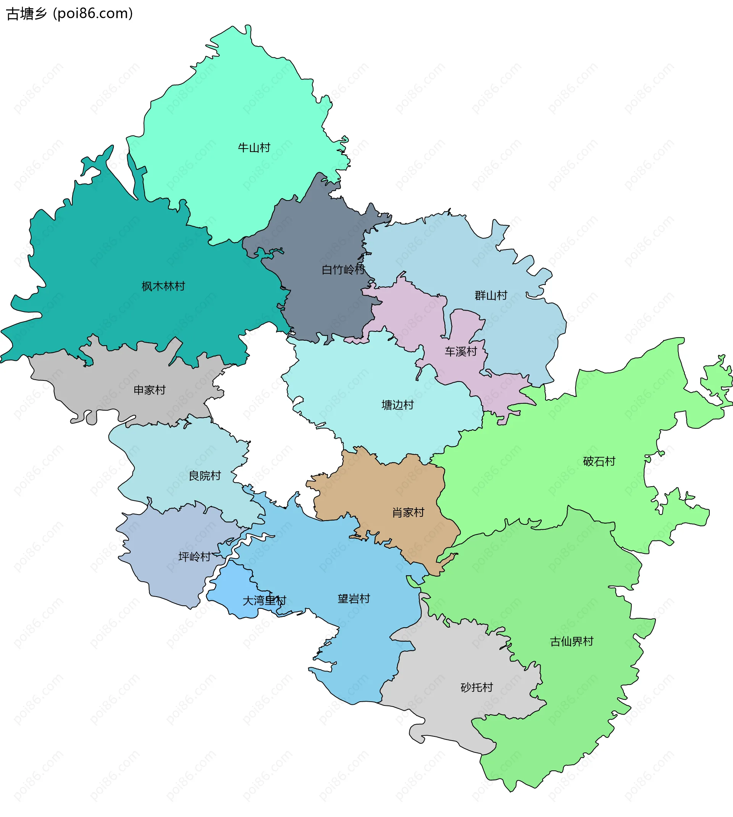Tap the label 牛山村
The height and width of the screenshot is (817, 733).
tap(254, 148)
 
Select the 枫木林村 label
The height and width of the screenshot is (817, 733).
tap(163, 286)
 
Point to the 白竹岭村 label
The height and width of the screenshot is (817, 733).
tap(343, 270)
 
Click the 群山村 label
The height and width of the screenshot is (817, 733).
tap(491, 296)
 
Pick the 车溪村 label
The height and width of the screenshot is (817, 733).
tap(461, 352)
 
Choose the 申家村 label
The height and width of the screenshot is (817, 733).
tap(149, 390)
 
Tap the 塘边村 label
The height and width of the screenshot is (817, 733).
tap(397, 405)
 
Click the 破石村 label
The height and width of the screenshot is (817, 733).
tap(599, 461)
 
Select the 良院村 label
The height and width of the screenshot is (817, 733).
tap(205, 476)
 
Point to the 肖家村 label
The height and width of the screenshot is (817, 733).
tap(408, 513)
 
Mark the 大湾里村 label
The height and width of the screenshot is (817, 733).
tap(264, 601)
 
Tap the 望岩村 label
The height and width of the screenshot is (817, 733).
tap(354, 599)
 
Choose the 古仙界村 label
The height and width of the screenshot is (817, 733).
tap(572, 641)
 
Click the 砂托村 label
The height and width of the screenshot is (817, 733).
tap(476, 687)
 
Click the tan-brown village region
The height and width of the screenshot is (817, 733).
tap(387, 492)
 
